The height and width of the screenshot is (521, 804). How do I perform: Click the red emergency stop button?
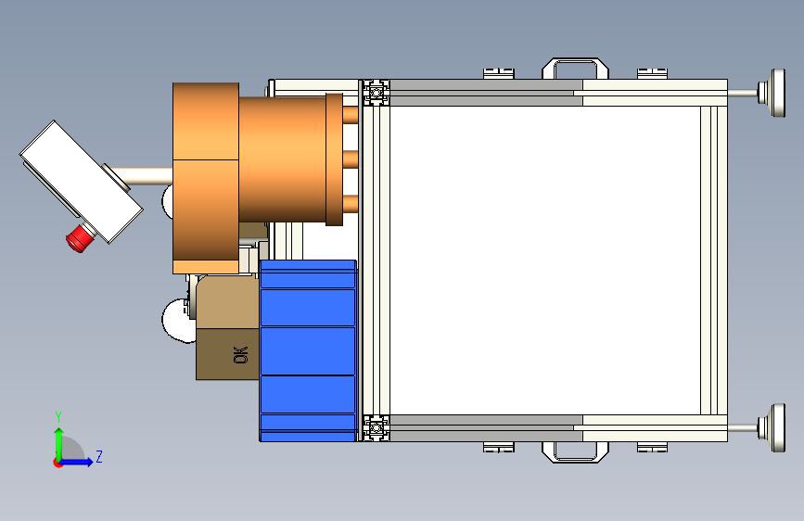click(x=81, y=238)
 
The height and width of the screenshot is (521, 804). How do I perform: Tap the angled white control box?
click(x=81, y=182)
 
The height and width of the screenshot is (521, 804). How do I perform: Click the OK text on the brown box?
click(x=240, y=355)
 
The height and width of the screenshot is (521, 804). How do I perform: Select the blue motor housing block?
click(x=308, y=350)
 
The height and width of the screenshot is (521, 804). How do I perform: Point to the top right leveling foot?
click(x=772, y=93)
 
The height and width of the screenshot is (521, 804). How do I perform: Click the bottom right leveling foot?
click(x=772, y=427)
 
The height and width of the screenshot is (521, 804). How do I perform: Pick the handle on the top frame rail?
click(x=575, y=69)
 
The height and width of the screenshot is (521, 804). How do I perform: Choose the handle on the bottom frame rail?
click(x=575, y=452)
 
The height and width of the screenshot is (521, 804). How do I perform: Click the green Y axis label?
click(x=58, y=417)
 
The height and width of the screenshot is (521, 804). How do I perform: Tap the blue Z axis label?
click(x=99, y=456)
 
